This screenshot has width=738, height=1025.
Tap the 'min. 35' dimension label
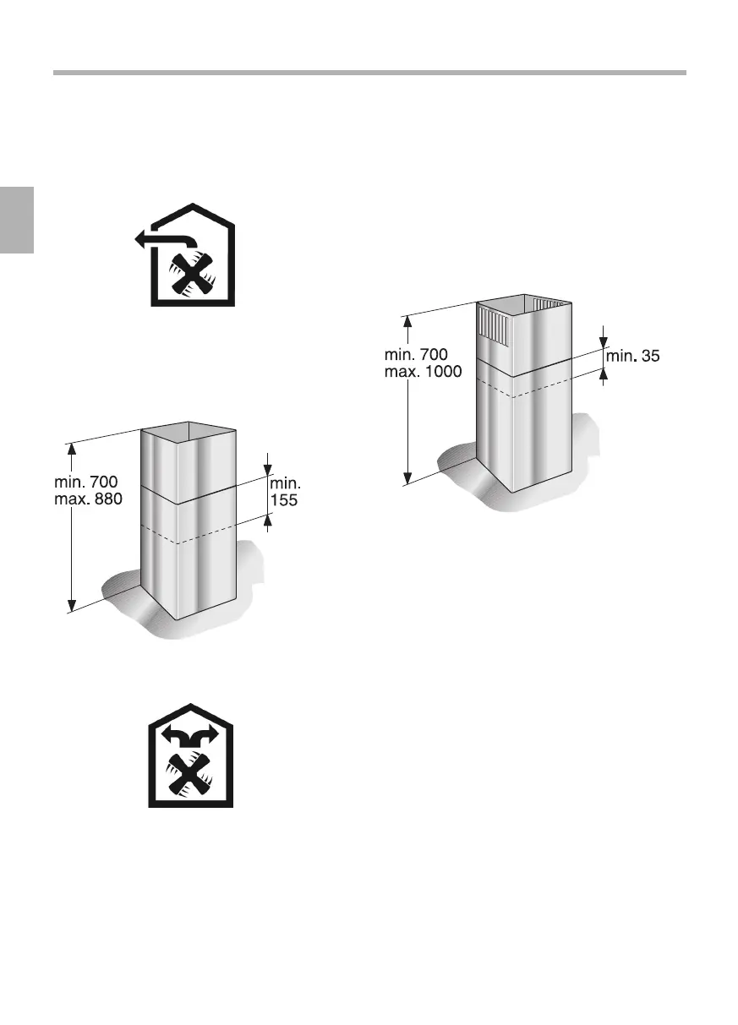click(633, 357)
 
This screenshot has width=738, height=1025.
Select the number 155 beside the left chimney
click(284, 499)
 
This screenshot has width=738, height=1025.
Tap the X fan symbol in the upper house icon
click(194, 275)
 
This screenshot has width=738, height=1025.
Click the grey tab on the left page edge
click(16, 220)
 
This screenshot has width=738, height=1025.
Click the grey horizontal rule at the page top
click(369, 73)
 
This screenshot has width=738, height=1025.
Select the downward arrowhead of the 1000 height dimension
click(408, 479)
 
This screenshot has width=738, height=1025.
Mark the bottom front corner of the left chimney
click(178, 620)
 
